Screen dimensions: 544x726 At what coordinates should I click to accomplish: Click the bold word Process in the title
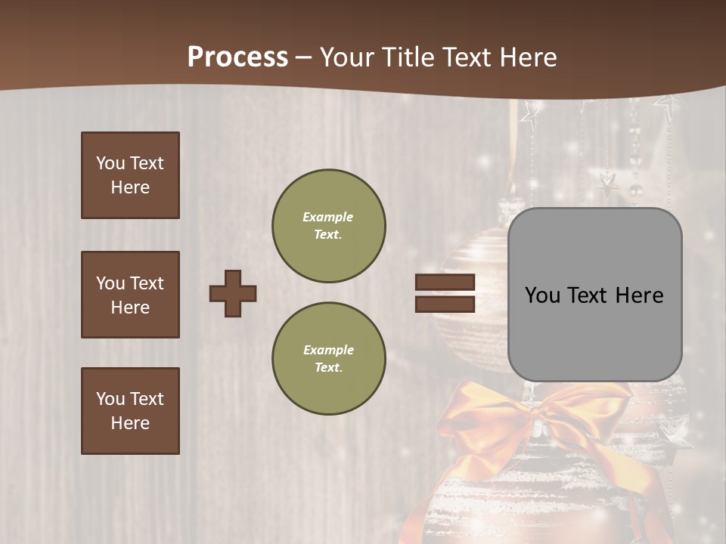(237, 57)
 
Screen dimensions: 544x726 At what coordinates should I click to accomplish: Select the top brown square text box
(130, 175)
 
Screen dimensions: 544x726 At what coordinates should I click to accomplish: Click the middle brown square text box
(130, 295)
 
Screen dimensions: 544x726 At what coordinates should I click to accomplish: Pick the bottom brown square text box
(130, 410)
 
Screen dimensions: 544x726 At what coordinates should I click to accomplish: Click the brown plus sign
(233, 293)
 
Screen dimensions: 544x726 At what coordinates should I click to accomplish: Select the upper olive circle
(328, 225)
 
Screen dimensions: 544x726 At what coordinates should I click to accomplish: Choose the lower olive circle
(328, 358)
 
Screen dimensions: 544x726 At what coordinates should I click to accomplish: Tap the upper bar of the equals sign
(445, 282)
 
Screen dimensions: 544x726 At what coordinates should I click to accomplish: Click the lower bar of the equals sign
(445, 304)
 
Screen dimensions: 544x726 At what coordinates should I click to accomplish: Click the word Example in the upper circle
(327, 217)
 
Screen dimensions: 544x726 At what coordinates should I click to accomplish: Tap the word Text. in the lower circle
(328, 367)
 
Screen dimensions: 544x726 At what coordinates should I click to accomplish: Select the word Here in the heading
(529, 57)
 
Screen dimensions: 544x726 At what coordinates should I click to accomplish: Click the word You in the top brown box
(109, 163)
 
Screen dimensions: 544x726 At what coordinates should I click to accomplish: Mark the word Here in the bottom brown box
(130, 423)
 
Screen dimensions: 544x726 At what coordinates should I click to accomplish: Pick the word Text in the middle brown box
(146, 283)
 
